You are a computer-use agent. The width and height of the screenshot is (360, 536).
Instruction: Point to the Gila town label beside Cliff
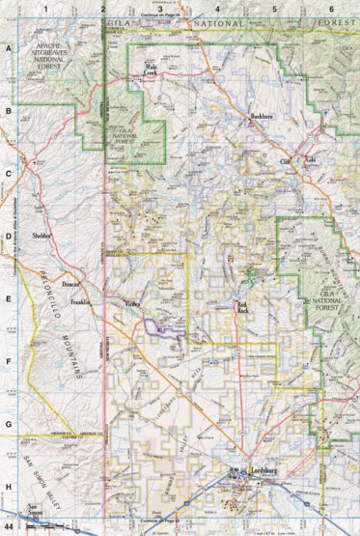click(x=311, y=158)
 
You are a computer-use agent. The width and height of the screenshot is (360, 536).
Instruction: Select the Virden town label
click(x=132, y=304)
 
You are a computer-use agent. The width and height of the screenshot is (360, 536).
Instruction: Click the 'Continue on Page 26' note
click(x=159, y=16)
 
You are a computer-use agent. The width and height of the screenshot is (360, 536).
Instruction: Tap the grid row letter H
click(x=8, y=488)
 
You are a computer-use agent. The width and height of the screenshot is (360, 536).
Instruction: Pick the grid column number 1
click(x=43, y=9)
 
